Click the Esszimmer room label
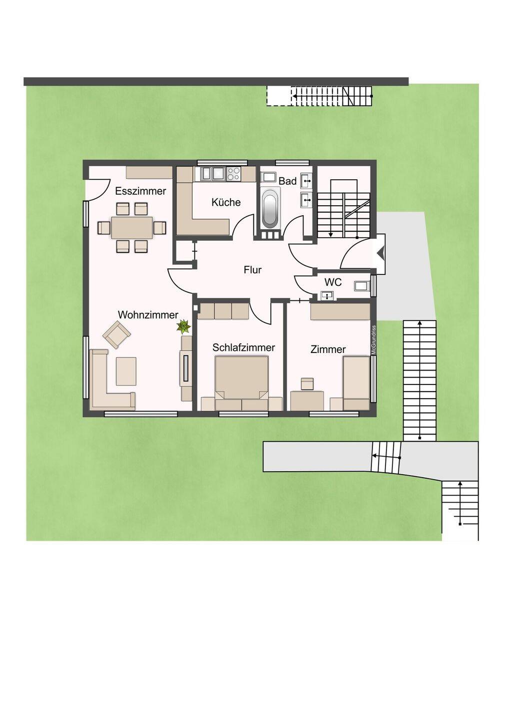(x=140, y=191)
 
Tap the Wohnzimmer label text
(x=148, y=315)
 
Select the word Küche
(x=226, y=202)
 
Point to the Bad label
(x=287, y=181)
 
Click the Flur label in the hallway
(x=252, y=270)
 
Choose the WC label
(x=333, y=282)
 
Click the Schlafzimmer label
(x=243, y=347)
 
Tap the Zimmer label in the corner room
(x=328, y=349)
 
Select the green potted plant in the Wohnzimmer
(x=183, y=326)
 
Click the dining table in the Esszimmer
(x=132, y=227)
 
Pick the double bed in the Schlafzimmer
(x=241, y=383)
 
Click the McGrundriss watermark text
(x=373, y=340)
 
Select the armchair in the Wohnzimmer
(x=116, y=334)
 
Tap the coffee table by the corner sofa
(x=126, y=371)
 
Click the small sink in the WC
(x=327, y=295)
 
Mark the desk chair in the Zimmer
(x=307, y=384)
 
